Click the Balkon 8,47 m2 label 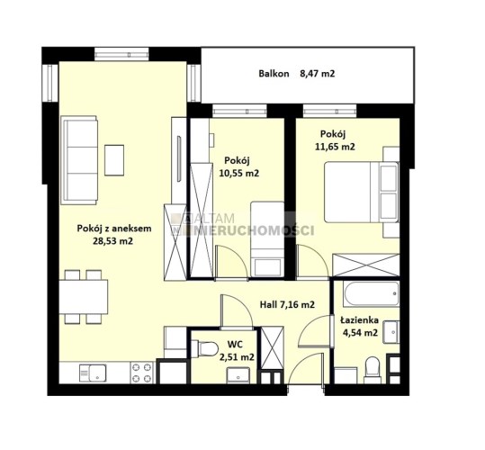pyautogui.click(x=297, y=74)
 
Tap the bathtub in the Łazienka pyautogui.click(x=371, y=293)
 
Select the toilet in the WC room pyautogui.click(x=204, y=348)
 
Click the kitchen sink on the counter pyautogui.click(x=93, y=373)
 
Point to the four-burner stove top pyautogui.click(x=142, y=373)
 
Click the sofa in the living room pyautogui.click(x=79, y=160)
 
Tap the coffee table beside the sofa pyautogui.click(x=114, y=160)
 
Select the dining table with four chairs pyautogui.click(x=84, y=297)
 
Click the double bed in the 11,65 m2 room pyautogui.click(x=362, y=192)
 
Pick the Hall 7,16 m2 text pyautogui.click(x=287, y=305)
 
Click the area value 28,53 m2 pyautogui.click(x=112, y=241)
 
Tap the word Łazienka pyautogui.click(x=359, y=320)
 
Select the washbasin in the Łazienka pyautogui.click(x=391, y=332)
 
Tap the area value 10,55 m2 pyautogui.click(x=239, y=173)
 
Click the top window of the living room pyautogui.click(x=121, y=55)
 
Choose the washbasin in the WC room pyautogui.click(x=238, y=375)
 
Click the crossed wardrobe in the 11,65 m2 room pyautogui.click(x=366, y=265)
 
